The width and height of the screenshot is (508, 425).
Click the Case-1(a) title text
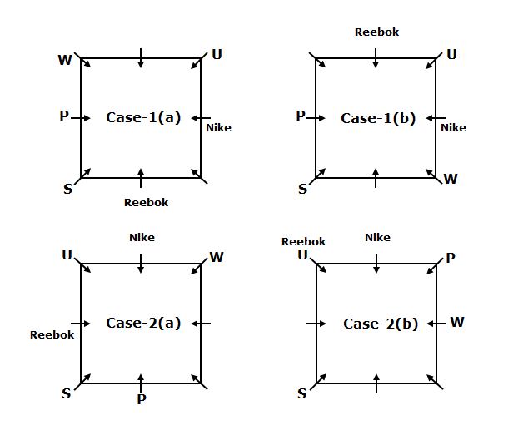pos(143,117)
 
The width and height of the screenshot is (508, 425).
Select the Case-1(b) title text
pos(378,118)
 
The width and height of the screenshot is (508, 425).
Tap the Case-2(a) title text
pos(143,323)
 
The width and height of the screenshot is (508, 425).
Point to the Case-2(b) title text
pos(381,324)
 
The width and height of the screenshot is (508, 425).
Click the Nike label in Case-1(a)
pos(219,127)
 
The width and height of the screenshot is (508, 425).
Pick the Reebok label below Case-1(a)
pos(146,202)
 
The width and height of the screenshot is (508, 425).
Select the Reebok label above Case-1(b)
pos(376,32)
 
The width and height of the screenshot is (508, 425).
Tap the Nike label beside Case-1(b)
pos(453,127)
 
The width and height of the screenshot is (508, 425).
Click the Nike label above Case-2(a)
pos(142,237)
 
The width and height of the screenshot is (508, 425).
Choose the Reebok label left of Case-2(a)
pos(52,335)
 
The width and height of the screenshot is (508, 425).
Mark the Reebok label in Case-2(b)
pos(303,242)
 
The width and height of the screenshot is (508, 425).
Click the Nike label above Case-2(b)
pos(377,237)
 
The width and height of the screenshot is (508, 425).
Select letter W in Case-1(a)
pos(65,60)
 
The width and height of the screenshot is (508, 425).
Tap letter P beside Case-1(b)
pos(301,116)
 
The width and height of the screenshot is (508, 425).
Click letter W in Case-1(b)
pos(451,179)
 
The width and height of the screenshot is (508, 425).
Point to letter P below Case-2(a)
pos(142,400)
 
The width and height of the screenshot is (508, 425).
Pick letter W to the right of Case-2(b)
pos(456,322)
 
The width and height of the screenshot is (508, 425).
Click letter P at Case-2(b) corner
pos(451,258)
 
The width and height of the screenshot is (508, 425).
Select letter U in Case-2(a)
pos(67,255)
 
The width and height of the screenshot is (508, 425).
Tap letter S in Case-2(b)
pos(302,393)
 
